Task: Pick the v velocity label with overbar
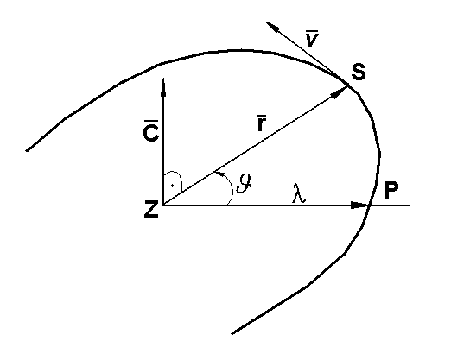(312, 37)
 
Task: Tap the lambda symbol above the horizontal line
(299, 196)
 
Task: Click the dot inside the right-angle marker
(173, 185)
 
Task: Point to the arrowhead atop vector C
(162, 85)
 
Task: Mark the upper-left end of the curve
(28, 151)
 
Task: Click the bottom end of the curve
(232, 332)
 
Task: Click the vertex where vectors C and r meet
(162, 206)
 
